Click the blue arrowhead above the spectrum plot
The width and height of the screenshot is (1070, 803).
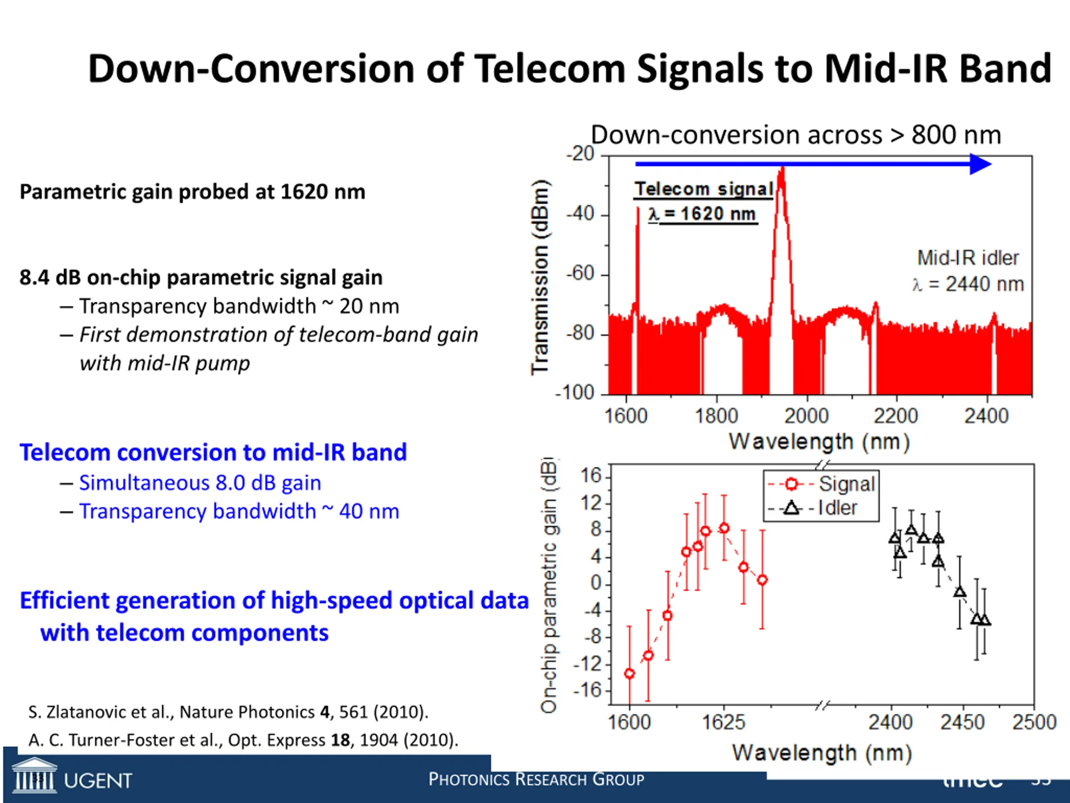(x=980, y=164)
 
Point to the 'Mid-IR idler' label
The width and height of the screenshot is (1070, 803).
(x=968, y=258)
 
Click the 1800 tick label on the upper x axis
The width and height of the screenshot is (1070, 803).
(x=716, y=416)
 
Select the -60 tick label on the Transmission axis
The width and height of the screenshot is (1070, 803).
(x=581, y=274)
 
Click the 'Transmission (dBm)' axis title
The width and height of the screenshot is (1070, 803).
(x=540, y=277)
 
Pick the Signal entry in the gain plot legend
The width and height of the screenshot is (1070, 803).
(x=822, y=484)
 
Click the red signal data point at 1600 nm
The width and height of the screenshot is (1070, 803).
(x=629, y=673)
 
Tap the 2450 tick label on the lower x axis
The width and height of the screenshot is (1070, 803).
(x=963, y=723)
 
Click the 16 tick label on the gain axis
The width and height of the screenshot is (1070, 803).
(x=591, y=476)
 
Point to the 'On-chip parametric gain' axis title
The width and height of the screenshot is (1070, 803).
(x=549, y=586)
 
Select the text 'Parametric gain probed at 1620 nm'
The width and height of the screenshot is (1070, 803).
(x=192, y=192)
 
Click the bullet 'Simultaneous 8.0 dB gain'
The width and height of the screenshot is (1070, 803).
(x=200, y=483)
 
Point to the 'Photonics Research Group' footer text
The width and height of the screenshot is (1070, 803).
(x=536, y=780)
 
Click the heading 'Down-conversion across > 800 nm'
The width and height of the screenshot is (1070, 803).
(x=796, y=135)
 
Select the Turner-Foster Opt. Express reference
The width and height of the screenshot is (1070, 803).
(x=243, y=741)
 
